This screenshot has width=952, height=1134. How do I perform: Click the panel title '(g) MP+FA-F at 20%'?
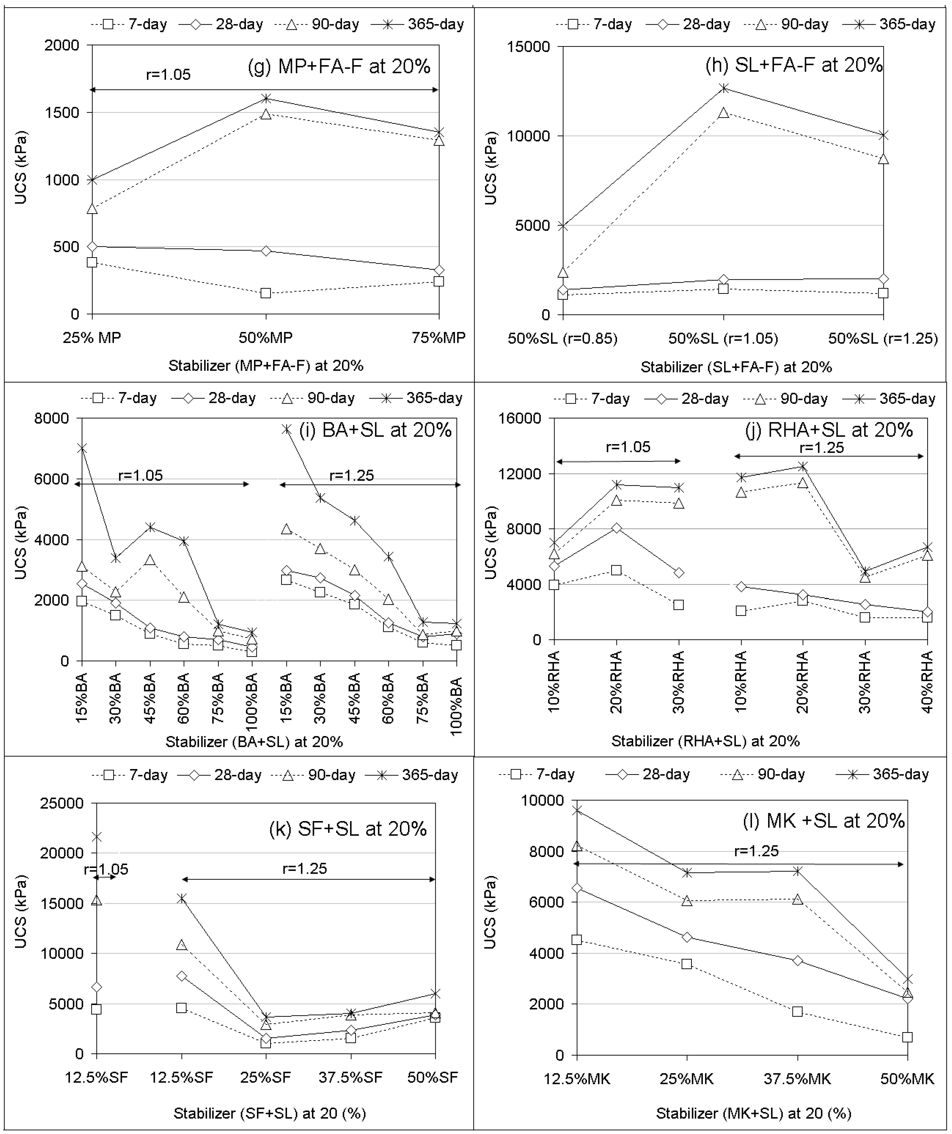[339, 66]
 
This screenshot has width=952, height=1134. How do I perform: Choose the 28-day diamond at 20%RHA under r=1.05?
[616, 528]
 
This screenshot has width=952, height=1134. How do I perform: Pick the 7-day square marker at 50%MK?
[907, 1037]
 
